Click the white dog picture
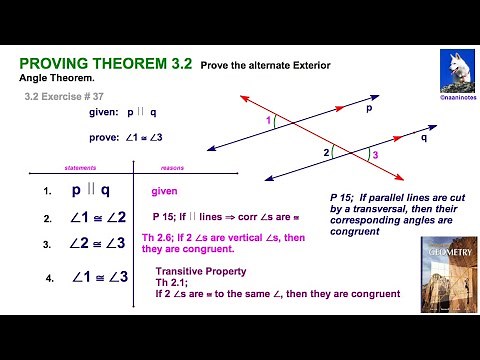[455, 70]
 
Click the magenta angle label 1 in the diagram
[268, 121]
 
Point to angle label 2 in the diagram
[325, 153]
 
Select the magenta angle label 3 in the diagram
[375, 156]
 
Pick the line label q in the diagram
[424, 139]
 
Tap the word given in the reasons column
[165, 190]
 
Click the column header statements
[80, 169]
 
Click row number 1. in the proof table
[47, 190]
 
